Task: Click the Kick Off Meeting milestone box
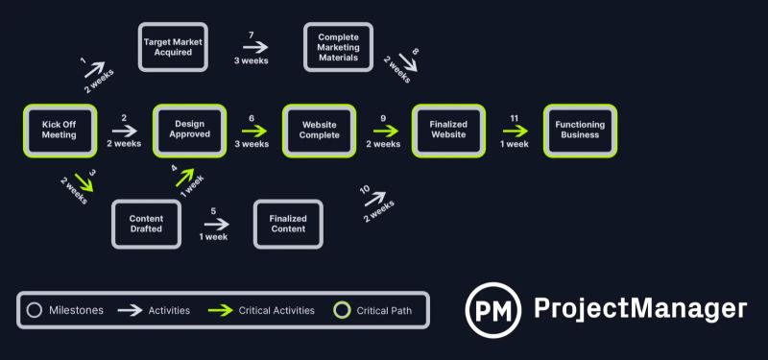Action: [x=60, y=131]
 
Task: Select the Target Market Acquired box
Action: [x=173, y=47]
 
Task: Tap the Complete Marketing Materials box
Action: [x=338, y=47]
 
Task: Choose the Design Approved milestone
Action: [x=189, y=131]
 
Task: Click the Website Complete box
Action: [x=320, y=131]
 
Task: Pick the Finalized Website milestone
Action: [x=448, y=131]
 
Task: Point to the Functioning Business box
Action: [x=579, y=131]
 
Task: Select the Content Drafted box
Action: [x=146, y=224]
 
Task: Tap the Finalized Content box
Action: [x=287, y=224]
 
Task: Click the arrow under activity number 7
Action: [x=252, y=47]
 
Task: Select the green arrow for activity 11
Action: [x=515, y=132]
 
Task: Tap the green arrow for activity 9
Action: [x=383, y=132]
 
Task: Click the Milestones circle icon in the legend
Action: [x=35, y=310]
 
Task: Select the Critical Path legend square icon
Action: [x=341, y=310]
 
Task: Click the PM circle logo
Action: [x=493, y=309]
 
